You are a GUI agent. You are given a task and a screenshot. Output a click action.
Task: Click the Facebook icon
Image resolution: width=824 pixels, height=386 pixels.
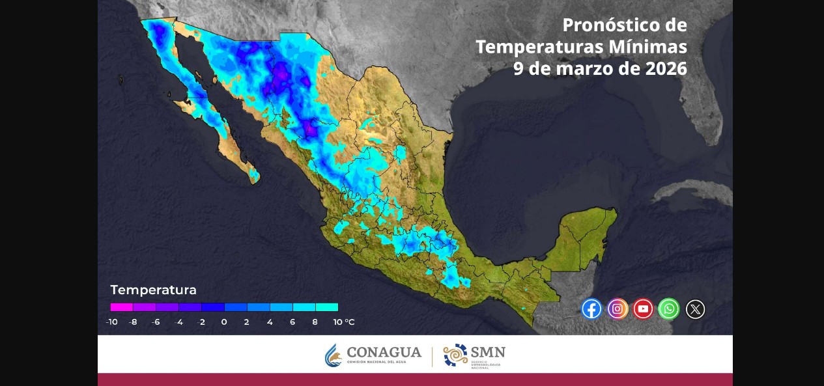tap(591, 309)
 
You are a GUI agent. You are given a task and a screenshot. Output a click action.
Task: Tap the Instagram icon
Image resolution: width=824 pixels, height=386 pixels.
tap(618, 309)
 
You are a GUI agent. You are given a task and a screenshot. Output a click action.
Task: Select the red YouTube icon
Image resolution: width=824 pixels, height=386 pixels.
tap(643, 309)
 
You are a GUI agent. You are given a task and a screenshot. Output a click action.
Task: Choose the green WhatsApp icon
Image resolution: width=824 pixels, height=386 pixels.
tap(669, 309)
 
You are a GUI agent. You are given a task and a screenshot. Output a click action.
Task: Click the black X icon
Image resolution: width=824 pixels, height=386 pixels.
tap(695, 309)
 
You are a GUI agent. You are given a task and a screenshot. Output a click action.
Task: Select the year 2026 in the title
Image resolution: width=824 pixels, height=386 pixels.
tap(666, 68)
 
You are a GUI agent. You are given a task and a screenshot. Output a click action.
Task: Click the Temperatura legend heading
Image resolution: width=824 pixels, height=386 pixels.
tap(153, 290)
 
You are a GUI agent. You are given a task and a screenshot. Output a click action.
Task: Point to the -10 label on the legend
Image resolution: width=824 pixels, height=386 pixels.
tap(112, 322)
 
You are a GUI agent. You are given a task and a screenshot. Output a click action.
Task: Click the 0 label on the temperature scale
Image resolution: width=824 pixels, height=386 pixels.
tap(224, 322)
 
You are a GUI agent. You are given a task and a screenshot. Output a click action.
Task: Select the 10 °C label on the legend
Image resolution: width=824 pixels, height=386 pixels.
tap(343, 322)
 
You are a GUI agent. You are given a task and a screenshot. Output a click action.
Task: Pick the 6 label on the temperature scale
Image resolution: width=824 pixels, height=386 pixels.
tap(292, 322)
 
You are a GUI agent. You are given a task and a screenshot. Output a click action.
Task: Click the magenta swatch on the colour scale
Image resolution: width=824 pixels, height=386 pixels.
tap(122, 307)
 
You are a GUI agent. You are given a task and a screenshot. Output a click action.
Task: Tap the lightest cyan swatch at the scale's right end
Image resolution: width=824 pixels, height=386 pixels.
tap(326, 307)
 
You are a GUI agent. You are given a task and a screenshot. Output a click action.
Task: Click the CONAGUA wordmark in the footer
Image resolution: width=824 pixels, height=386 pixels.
tap(384, 353)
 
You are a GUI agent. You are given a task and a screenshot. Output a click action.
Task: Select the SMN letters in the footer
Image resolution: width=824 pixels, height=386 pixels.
tap(488, 352)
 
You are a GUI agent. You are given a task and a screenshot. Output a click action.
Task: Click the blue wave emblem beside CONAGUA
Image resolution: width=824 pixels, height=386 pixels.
tap(333, 355)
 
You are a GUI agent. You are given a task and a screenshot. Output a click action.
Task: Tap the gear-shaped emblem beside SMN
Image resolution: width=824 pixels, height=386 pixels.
tap(455, 355)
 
